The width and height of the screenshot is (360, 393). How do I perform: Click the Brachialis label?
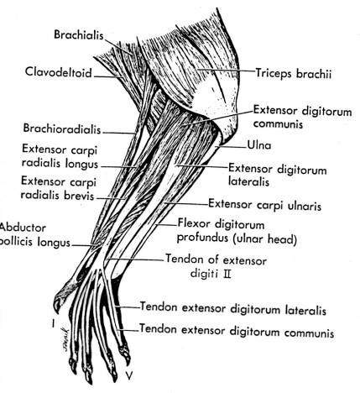point(79,35)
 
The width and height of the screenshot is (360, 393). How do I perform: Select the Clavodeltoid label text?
point(59,72)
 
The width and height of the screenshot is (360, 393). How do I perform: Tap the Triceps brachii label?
point(294,74)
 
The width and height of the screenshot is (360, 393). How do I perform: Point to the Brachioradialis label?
point(62,128)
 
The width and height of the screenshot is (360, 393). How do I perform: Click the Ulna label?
point(259,145)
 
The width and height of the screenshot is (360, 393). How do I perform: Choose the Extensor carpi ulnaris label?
point(264,205)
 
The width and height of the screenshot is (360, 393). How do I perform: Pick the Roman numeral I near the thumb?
point(53,324)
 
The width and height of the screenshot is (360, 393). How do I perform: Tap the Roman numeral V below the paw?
point(128,375)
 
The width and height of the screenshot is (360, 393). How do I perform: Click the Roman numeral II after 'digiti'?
point(227,274)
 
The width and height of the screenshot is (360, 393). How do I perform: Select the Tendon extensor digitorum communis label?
point(237,331)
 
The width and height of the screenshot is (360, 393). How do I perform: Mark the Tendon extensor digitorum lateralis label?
point(232,309)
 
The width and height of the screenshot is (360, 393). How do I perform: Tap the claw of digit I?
point(57,307)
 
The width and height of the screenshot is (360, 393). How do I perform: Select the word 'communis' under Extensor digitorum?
point(279,123)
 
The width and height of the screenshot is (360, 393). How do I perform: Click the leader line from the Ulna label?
point(231,146)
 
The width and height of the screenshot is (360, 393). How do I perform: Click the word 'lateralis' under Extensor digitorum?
point(248,181)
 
